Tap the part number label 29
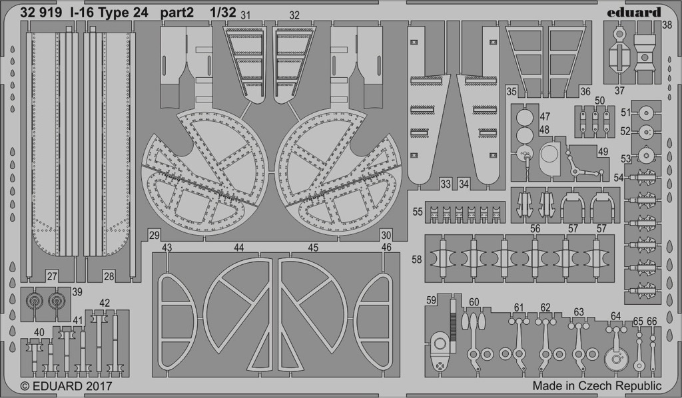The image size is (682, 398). pyautogui.click(x=154, y=236)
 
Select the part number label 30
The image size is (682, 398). pyautogui.click(x=386, y=236)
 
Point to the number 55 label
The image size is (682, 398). pyautogui.click(x=418, y=212)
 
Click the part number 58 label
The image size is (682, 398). pyautogui.click(x=417, y=260)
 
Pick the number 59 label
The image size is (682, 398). pyautogui.click(x=431, y=300)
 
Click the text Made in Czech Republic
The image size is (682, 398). pyautogui.click(x=597, y=386)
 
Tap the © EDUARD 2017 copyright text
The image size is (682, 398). pyautogui.click(x=66, y=386)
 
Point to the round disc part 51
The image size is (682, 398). pyautogui.click(x=646, y=113)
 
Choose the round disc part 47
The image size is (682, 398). pyautogui.click(x=525, y=116)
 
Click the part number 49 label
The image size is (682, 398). pyautogui.click(x=603, y=152)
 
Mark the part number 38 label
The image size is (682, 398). pyautogui.click(x=667, y=25)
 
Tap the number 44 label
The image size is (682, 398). pyautogui.click(x=239, y=248)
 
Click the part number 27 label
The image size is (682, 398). pyautogui.click(x=52, y=276)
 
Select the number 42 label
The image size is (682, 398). pyautogui.click(x=105, y=303)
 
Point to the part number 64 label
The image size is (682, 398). pyautogui.click(x=616, y=316)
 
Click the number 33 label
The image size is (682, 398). pyautogui.click(x=445, y=184)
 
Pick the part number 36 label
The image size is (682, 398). pyautogui.click(x=585, y=92)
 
